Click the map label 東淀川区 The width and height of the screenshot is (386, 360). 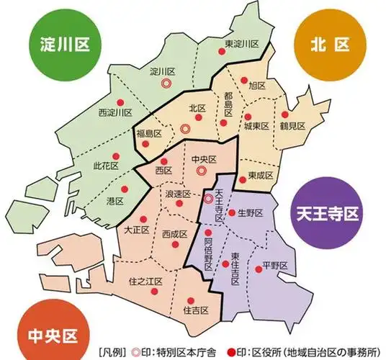pos(241,44)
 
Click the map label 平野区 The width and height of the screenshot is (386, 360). pos(275,265)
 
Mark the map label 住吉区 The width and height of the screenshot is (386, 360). pos(196,310)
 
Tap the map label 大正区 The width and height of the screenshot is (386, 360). pos(136,230)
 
